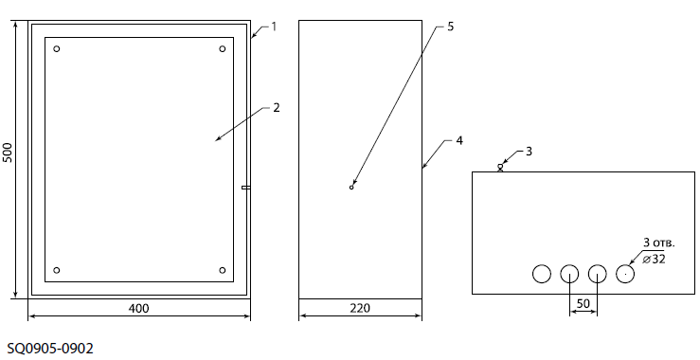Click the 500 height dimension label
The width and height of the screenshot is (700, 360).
[8, 153]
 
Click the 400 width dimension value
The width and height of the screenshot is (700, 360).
[139, 309]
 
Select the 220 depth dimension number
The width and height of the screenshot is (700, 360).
[360, 308]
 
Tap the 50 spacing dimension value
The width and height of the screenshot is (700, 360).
[583, 304]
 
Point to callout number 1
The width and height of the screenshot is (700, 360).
[274, 27]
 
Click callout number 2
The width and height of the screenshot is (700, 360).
[277, 108]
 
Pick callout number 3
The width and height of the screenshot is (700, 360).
[529, 152]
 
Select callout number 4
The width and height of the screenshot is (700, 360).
[459, 141]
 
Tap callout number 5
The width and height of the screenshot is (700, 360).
[451, 27]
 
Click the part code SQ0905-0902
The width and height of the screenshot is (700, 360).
[50, 349]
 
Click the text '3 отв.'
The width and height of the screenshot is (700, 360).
[659, 243]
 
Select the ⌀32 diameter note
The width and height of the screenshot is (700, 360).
[654, 259]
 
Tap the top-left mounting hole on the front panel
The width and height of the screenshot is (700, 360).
[56, 48]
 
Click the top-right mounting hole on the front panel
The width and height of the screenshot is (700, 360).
[223, 48]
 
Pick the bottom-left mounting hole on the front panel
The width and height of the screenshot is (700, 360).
[56, 270]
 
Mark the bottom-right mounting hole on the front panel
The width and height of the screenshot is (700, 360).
[223, 270]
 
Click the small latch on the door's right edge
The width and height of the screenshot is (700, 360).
[246, 188]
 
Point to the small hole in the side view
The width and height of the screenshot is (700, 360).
[351, 188]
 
